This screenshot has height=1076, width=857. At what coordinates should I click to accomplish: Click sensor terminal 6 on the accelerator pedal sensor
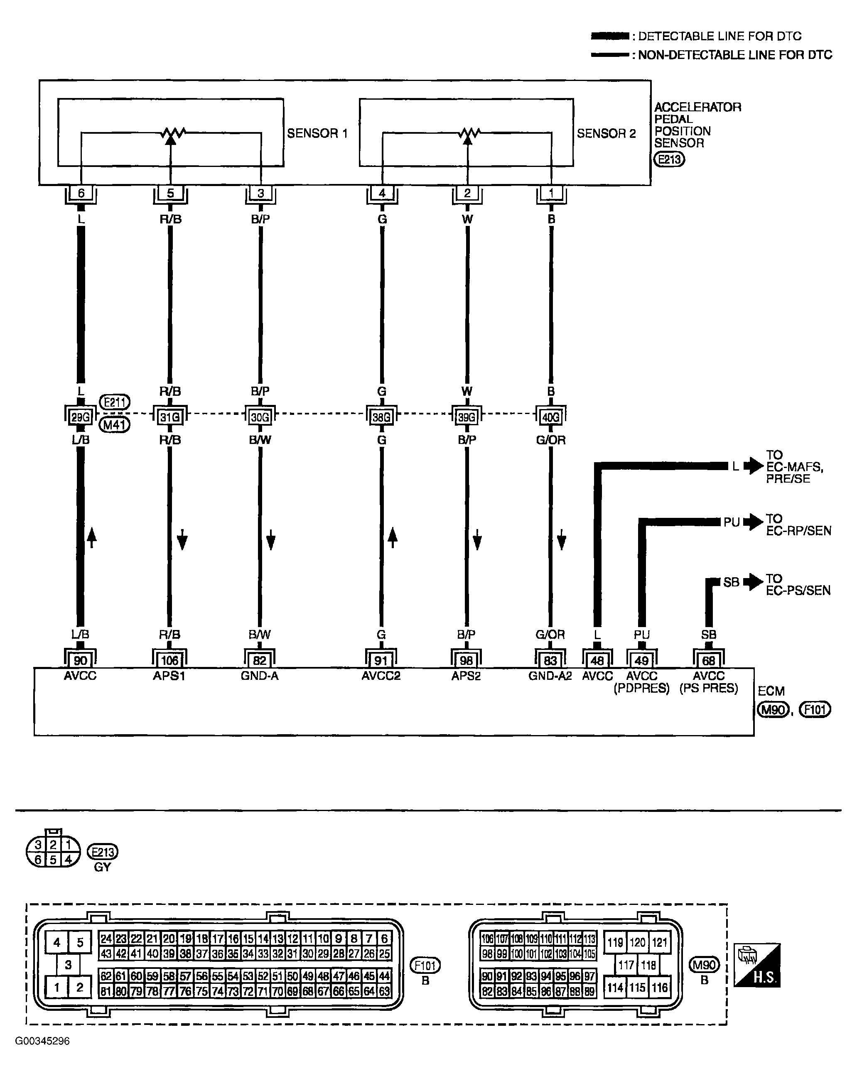[81, 194]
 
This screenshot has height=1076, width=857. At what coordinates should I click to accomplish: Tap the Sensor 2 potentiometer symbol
[468, 134]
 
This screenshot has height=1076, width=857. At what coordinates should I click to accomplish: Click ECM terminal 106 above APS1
[169, 660]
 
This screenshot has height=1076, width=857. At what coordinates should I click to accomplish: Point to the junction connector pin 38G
[381, 417]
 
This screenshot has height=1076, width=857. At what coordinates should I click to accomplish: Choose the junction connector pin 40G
[550, 417]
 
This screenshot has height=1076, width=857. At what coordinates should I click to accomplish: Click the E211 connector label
[115, 402]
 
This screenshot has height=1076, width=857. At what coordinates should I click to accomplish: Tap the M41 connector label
[115, 425]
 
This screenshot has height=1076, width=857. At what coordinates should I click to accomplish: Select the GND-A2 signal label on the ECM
[550, 676]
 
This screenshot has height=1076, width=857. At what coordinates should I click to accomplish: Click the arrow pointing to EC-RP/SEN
[753, 522]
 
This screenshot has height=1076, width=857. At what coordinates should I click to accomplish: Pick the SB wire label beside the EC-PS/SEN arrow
[731, 582]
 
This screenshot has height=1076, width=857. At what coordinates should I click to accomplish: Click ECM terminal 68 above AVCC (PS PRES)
[708, 660]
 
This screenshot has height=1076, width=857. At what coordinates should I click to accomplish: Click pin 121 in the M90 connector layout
[659, 942]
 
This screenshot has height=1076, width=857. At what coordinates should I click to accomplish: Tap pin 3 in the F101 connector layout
[69, 964]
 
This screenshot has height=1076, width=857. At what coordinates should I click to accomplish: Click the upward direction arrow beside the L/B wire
[92, 537]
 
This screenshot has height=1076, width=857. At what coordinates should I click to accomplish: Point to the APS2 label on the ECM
[466, 676]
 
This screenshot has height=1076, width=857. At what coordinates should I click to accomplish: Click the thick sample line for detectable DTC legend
[610, 36]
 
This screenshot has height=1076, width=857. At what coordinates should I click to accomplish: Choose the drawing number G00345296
[42, 1041]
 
